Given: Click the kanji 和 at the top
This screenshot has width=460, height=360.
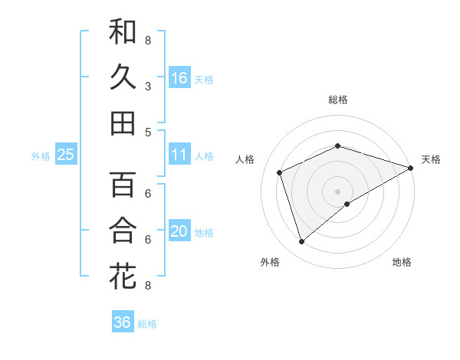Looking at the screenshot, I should pyautogui.click(x=123, y=33).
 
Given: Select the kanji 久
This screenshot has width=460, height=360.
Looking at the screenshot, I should pyautogui.click(x=123, y=77).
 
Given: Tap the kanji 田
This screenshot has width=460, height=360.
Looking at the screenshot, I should pyautogui.click(x=123, y=123).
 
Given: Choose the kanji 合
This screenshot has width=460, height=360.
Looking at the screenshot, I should pyautogui.click(x=123, y=231).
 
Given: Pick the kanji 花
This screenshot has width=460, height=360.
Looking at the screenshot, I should pyautogui.click(x=123, y=276).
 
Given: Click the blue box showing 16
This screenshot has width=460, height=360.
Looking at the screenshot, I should pyautogui.click(x=179, y=78).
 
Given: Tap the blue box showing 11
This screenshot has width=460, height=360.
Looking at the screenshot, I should pyautogui.click(x=179, y=155).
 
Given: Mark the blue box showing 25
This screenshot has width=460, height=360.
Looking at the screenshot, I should pyautogui.click(x=66, y=155).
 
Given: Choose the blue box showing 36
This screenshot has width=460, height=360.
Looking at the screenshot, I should pyautogui.click(x=123, y=322).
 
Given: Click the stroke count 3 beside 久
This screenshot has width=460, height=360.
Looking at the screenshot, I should pyautogui.click(x=148, y=87).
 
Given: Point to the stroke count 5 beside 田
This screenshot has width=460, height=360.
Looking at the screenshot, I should pyautogui.click(x=148, y=132).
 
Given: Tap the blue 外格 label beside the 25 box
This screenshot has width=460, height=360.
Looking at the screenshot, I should pyautogui.click(x=41, y=156).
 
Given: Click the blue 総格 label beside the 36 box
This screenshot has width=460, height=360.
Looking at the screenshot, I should pyautogui.click(x=147, y=324).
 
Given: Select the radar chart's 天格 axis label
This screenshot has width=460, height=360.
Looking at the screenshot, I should pyautogui.click(x=431, y=159).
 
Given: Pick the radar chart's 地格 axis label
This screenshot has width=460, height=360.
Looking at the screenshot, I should pyautogui.click(x=402, y=262).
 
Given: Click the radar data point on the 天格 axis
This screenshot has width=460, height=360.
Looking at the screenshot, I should pyautogui.click(x=411, y=168).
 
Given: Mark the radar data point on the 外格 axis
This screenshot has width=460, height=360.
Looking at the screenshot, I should pyautogui.click(x=301, y=242).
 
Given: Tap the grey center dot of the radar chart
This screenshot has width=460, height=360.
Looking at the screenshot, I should pyautogui.click(x=338, y=191).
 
